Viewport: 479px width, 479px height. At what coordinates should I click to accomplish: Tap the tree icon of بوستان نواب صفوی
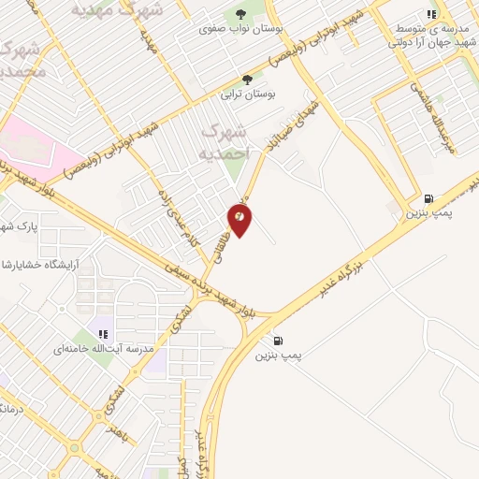[x=242, y=14]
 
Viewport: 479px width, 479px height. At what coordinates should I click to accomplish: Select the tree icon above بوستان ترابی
[x=247, y=80]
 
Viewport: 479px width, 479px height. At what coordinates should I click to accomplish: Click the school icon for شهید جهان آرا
[x=430, y=15]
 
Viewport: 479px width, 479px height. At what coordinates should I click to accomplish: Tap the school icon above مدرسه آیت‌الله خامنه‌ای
[x=104, y=334]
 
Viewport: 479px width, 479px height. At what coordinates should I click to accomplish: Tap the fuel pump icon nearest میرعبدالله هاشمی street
[x=428, y=198]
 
